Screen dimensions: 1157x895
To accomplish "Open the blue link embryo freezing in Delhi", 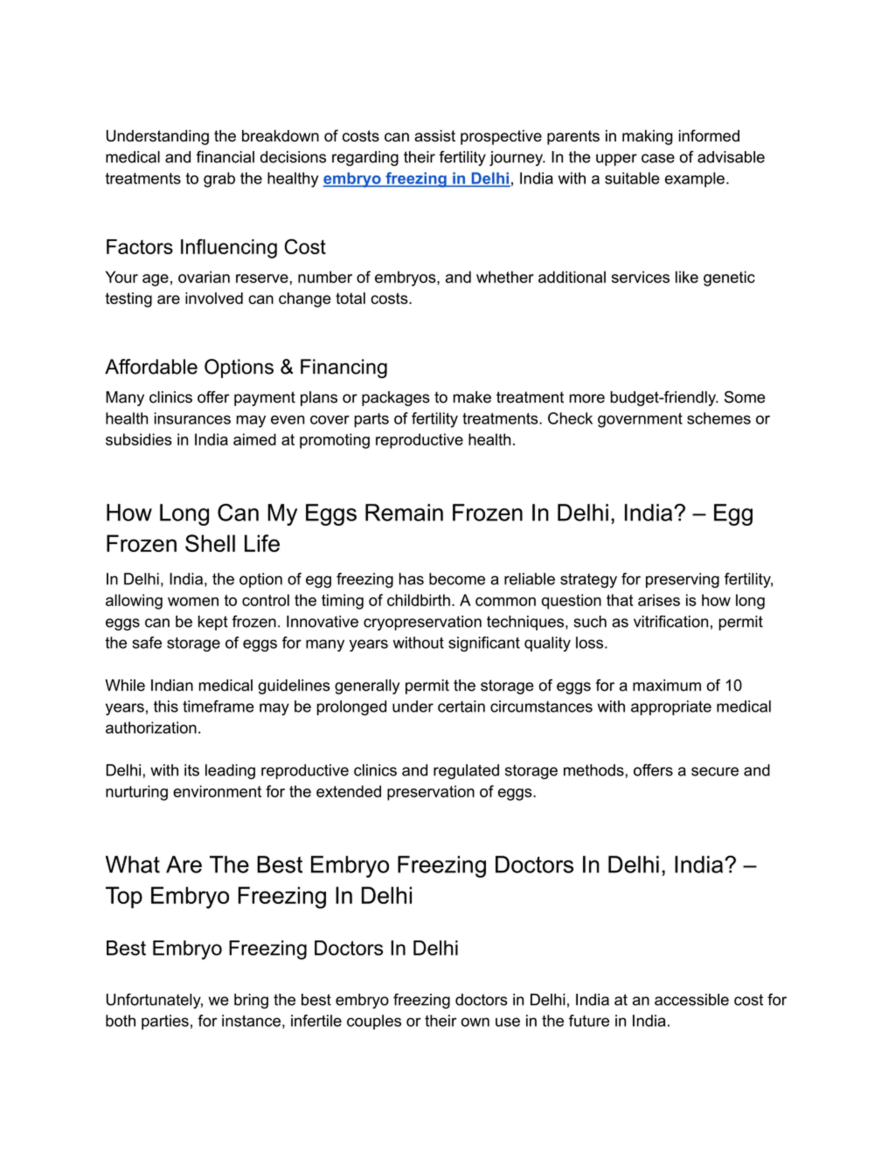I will (416, 179).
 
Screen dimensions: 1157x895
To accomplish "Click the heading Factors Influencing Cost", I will (215, 247).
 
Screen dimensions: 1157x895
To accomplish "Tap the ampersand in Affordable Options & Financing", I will (286, 367).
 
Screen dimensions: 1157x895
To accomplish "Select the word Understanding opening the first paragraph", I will (157, 137).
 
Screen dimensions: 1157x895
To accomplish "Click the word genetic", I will (729, 278).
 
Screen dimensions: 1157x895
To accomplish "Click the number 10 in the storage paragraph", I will (733, 686).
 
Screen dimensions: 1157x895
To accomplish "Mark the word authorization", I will (153, 728).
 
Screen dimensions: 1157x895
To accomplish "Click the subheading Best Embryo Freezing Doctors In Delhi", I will (281, 948).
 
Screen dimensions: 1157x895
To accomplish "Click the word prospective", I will (501, 137).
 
